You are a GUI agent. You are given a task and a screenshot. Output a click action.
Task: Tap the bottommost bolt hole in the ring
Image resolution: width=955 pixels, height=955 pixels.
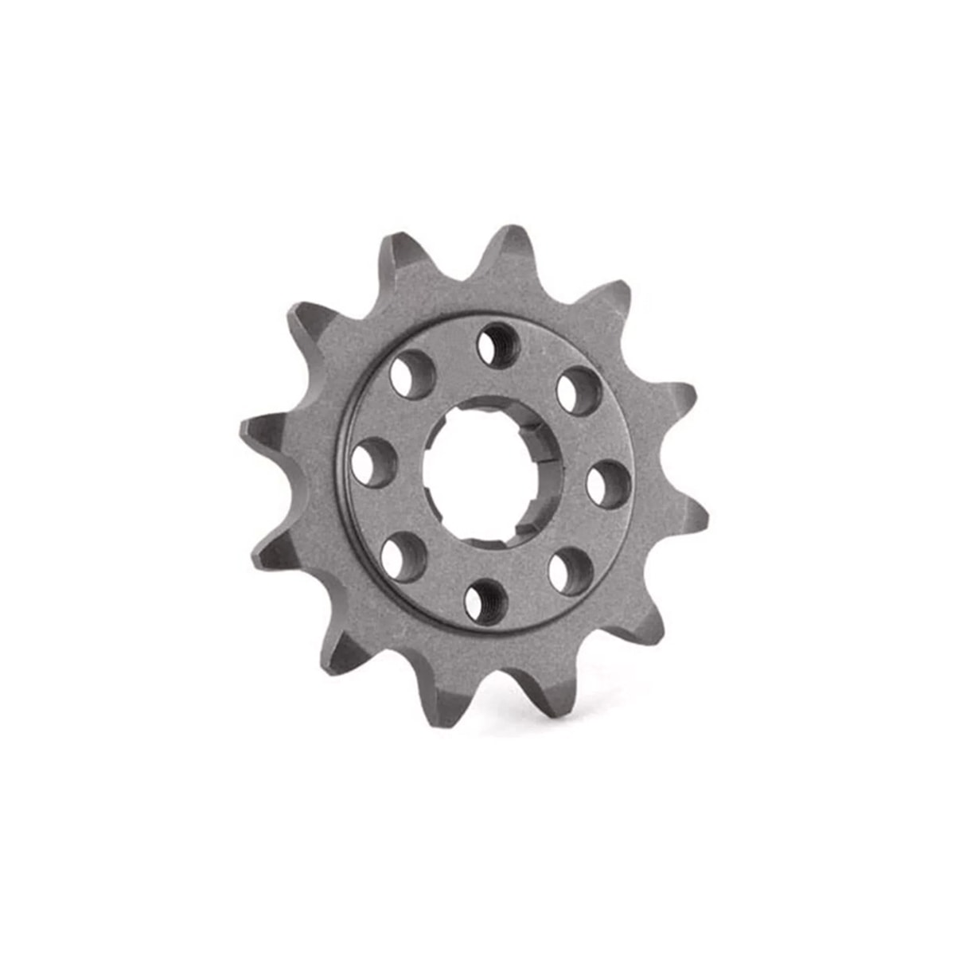485,599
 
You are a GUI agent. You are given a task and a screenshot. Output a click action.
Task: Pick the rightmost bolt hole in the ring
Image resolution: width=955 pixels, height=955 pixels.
610,484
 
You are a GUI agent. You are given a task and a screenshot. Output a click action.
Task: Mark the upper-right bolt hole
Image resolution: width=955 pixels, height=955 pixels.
578,390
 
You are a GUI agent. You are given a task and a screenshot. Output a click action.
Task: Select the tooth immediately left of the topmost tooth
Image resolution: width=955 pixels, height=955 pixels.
402,259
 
